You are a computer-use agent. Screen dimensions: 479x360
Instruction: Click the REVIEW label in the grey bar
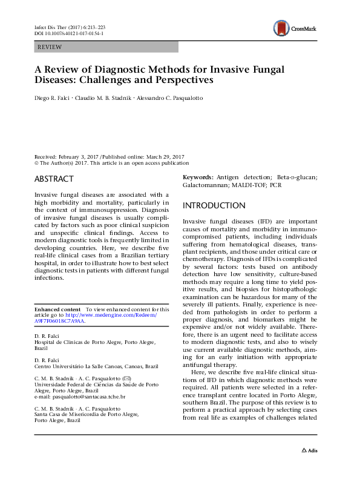click(49, 47)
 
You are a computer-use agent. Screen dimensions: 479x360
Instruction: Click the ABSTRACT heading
click(54, 179)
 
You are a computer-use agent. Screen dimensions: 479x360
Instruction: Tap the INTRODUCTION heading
click(214, 205)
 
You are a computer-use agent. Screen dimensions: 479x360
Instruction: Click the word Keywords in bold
click(198, 177)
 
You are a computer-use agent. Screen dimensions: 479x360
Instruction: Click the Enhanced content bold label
click(58, 309)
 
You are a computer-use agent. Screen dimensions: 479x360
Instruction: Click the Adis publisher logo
click(309, 467)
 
